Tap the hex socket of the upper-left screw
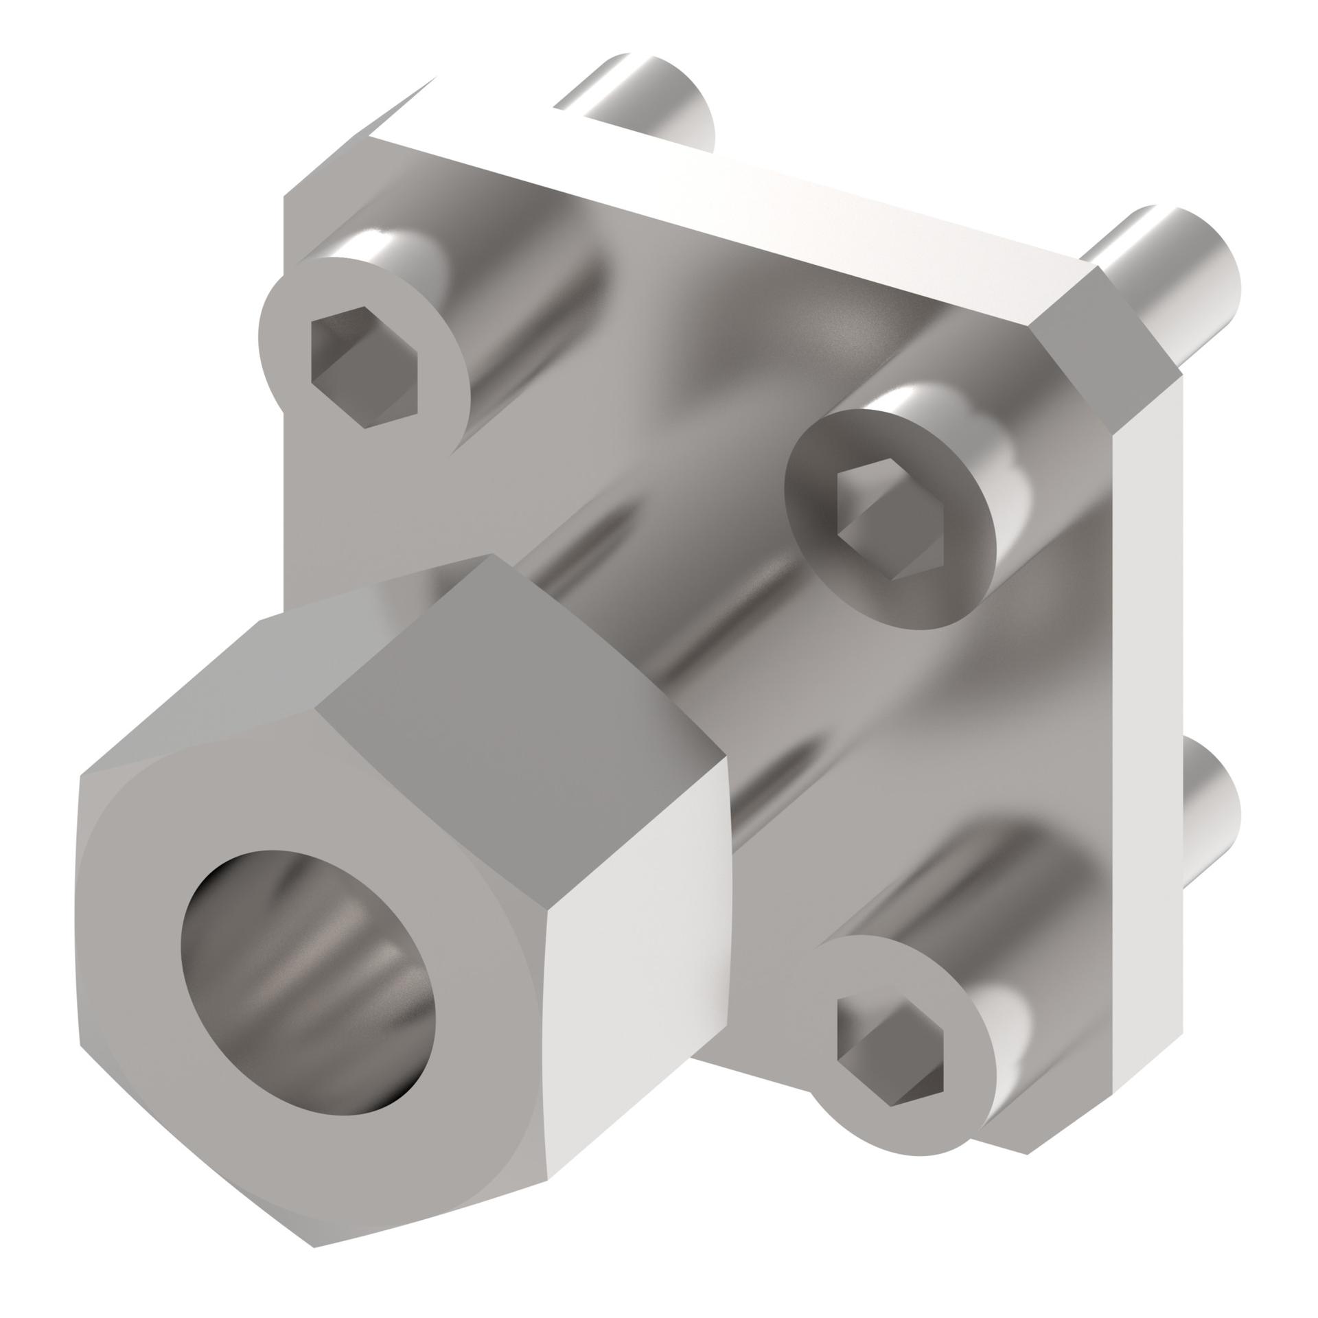364,374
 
